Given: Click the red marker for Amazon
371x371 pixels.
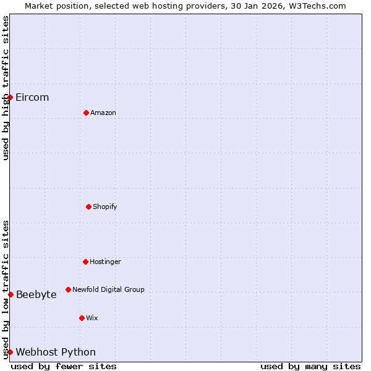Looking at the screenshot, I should [x=86, y=113].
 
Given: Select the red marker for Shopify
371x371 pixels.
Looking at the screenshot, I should [x=88, y=207].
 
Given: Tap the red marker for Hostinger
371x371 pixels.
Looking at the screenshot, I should [x=85, y=262].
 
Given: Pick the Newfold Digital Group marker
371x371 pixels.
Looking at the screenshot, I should [x=68, y=289].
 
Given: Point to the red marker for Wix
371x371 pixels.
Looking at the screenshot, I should [x=82, y=318].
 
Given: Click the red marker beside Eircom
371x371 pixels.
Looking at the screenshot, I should [x=10, y=97].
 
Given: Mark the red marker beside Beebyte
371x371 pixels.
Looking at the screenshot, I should [x=11, y=294].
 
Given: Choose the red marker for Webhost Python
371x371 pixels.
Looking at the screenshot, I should [x=10, y=352].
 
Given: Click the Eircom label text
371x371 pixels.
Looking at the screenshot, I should [x=32, y=98].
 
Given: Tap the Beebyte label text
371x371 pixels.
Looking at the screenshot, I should [x=36, y=295].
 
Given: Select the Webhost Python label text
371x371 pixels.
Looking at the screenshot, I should [x=56, y=352].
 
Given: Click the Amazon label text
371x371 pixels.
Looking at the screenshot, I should [x=103, y=113].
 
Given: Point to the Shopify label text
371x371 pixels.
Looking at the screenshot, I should [x=105, y=207].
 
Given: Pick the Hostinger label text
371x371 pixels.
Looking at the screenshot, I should [x=105, y=262].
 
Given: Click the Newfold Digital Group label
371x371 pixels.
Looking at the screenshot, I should [x=108, y=289].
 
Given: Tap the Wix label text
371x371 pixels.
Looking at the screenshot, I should [x=92, y=318].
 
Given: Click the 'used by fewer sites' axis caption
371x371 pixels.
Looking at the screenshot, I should [x=64, y=366].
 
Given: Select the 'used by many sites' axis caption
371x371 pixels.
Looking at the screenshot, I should [x=310, y=366].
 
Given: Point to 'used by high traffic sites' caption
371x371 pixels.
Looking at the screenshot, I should [x=6, y=88].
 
